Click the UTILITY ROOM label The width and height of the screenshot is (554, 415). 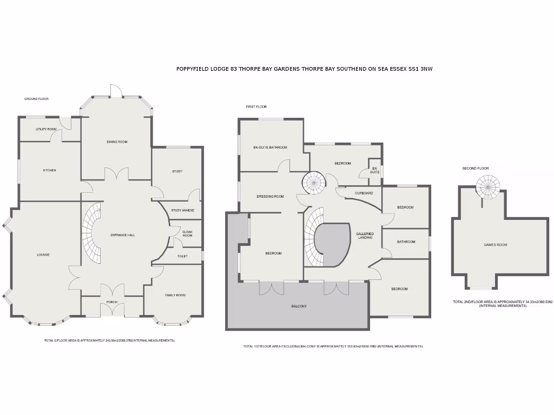46,129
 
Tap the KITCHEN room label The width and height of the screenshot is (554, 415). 49,170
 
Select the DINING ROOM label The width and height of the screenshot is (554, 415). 117,142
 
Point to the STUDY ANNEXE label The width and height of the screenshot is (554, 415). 179,210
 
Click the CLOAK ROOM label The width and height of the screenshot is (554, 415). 187,233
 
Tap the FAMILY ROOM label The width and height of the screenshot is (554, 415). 175,295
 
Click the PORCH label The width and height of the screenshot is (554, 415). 112,302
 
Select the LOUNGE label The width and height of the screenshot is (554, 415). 43,255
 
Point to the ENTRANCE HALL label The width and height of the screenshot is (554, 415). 122,235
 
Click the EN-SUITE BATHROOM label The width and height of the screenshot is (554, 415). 270,147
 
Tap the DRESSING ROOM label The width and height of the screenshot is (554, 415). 270,196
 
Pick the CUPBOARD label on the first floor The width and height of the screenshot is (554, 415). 364,193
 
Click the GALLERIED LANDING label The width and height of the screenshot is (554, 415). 365,236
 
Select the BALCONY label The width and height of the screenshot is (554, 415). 299,306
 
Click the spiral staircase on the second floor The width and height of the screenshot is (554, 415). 489,188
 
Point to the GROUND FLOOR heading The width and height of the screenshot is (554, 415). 36,99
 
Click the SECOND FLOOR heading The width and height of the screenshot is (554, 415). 475,169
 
